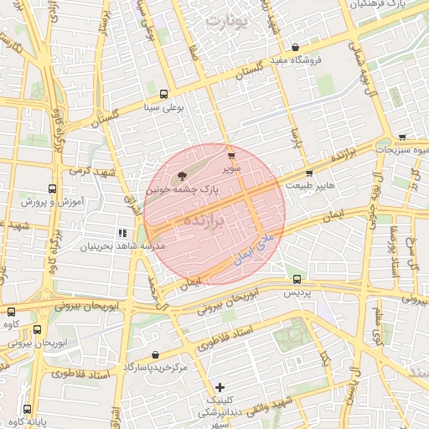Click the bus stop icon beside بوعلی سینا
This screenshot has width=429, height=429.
click(x=163, y=95)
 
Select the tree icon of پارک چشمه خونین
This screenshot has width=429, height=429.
click(x=182, y=175)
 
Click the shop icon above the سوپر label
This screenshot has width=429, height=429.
click(x=230, y=154)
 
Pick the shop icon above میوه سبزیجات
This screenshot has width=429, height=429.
click(x=403, y=137)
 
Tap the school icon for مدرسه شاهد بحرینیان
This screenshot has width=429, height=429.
click(x=123, y=233)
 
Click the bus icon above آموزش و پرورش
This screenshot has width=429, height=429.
click(x=53, y=189)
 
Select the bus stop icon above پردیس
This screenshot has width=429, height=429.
click(x=297, y=279)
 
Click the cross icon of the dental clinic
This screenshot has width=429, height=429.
click(x=220, y=387)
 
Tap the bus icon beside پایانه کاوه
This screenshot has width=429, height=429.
click(x=28, y=410)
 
